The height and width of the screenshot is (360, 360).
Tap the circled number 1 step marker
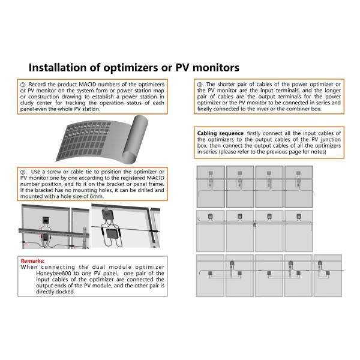click(x=24, y=85)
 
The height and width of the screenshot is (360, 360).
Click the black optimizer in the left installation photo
click(x=44, y=220)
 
